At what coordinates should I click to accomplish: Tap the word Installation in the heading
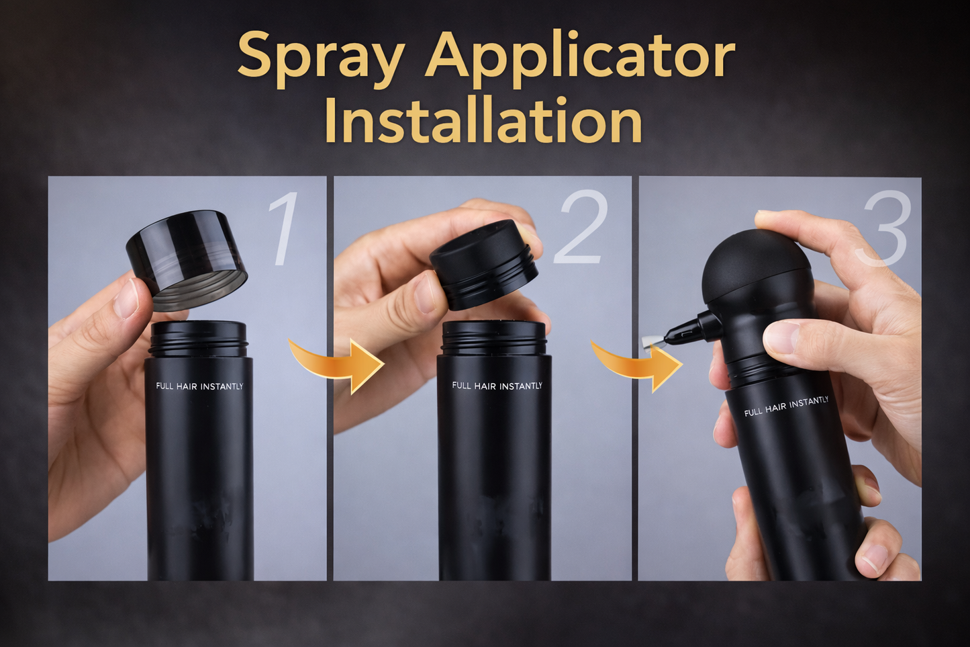click(x=483, y=122)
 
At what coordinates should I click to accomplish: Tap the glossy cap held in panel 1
click(x=187, y=259)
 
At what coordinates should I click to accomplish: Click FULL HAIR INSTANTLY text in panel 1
click(x=199, y=386)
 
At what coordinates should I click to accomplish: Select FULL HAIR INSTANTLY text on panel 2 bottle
click(x=497, y=386)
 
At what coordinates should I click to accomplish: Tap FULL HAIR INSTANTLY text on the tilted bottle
click(x=786, y=406)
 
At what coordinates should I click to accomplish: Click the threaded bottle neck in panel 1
click(x=199, y=339)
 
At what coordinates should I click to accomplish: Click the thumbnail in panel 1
click(x=126, y=297)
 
